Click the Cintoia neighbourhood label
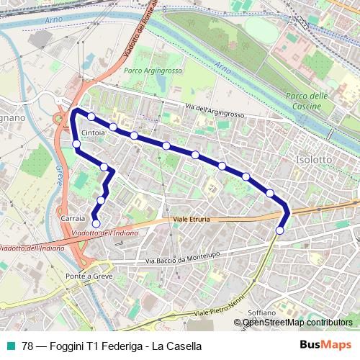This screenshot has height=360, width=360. pos(95,134)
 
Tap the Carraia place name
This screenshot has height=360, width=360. pos(74,217)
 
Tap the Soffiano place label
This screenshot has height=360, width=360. pos(261,313)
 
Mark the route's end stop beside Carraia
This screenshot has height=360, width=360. pos(96,223)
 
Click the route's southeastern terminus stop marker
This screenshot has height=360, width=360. pos(280,230)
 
